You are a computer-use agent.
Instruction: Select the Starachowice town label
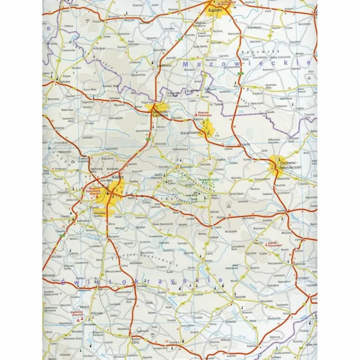click(x=191, y=133)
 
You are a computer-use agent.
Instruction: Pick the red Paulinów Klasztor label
click(x=77, y=313)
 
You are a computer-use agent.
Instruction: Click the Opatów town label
click(x=281, y=211)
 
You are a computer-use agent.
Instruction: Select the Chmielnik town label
click(x=141, y=285)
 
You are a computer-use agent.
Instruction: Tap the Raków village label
click(x=208, y=260)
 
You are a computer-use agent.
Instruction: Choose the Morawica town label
click(x=114, y=236)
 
